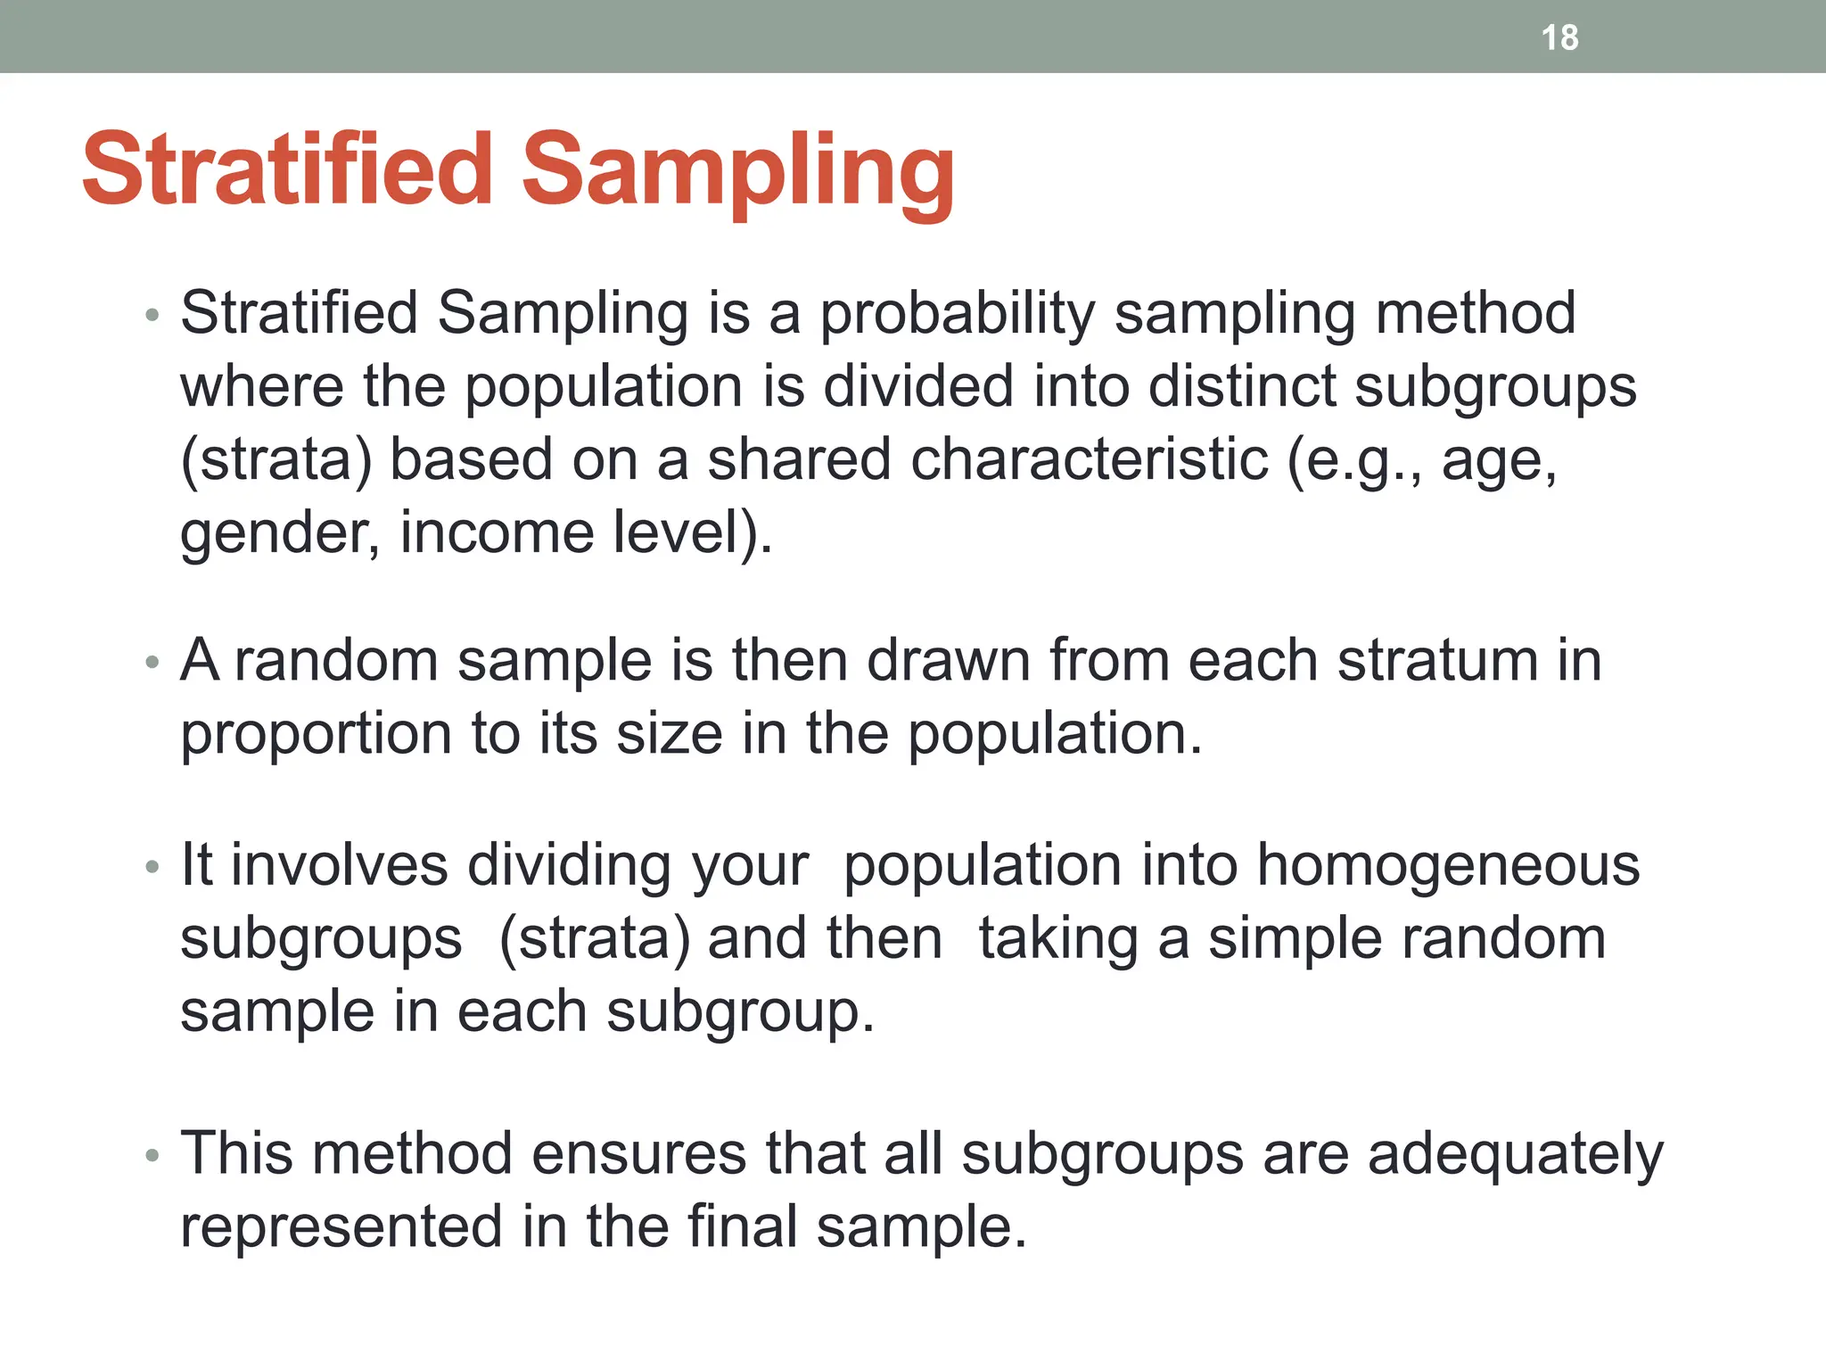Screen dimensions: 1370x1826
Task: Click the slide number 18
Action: [1559, 37]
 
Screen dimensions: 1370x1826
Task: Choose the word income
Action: [497, 533]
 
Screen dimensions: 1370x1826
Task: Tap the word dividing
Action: [569, 865]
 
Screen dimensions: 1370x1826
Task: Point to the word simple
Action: [1295, 938]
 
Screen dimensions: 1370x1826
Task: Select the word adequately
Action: [1515, 1153]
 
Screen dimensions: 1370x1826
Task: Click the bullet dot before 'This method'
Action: [152, 1156]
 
